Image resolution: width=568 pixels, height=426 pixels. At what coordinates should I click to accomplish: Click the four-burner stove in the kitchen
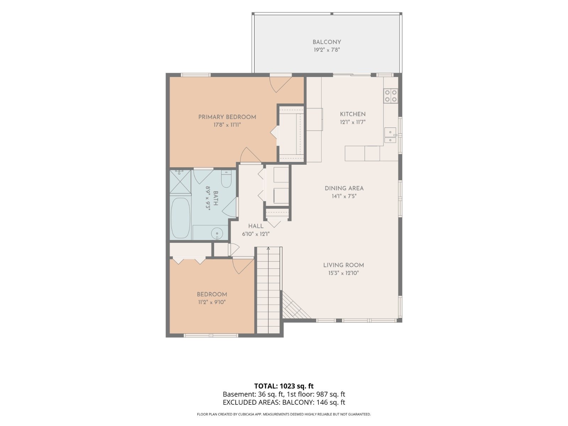(390, 96)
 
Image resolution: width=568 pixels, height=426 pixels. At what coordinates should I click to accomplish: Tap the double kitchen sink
(390, 135)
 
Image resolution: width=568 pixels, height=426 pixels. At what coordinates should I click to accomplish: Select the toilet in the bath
(226, 179)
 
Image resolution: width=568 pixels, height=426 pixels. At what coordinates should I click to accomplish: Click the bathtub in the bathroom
(181, 218)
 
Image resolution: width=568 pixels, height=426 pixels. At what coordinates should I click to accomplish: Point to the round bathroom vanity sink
(217, 234)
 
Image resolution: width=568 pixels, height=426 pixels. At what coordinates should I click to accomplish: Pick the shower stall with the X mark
(180, 181)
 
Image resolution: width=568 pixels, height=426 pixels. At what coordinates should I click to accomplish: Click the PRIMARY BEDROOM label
(227, 117)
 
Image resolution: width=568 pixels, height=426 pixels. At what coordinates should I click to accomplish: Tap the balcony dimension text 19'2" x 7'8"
(327, 50)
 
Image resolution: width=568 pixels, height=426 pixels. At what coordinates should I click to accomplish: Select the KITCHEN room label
(353, 114)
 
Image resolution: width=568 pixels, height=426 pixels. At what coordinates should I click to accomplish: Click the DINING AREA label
(344, 188)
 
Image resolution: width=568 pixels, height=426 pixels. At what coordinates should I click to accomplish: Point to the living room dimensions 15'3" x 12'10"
(343, 273)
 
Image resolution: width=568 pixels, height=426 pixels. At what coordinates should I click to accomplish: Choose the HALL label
(256, 226)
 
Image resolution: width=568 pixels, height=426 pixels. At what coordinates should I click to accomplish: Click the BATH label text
(215, 198)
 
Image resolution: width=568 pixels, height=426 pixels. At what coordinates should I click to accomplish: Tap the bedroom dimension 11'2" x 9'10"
(212, 302)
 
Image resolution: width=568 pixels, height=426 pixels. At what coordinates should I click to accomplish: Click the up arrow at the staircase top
(268, 249)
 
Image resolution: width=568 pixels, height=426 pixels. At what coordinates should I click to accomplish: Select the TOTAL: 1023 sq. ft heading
(284, 386)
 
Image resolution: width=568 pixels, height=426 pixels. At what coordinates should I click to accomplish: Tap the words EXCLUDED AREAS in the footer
(251, 403)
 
